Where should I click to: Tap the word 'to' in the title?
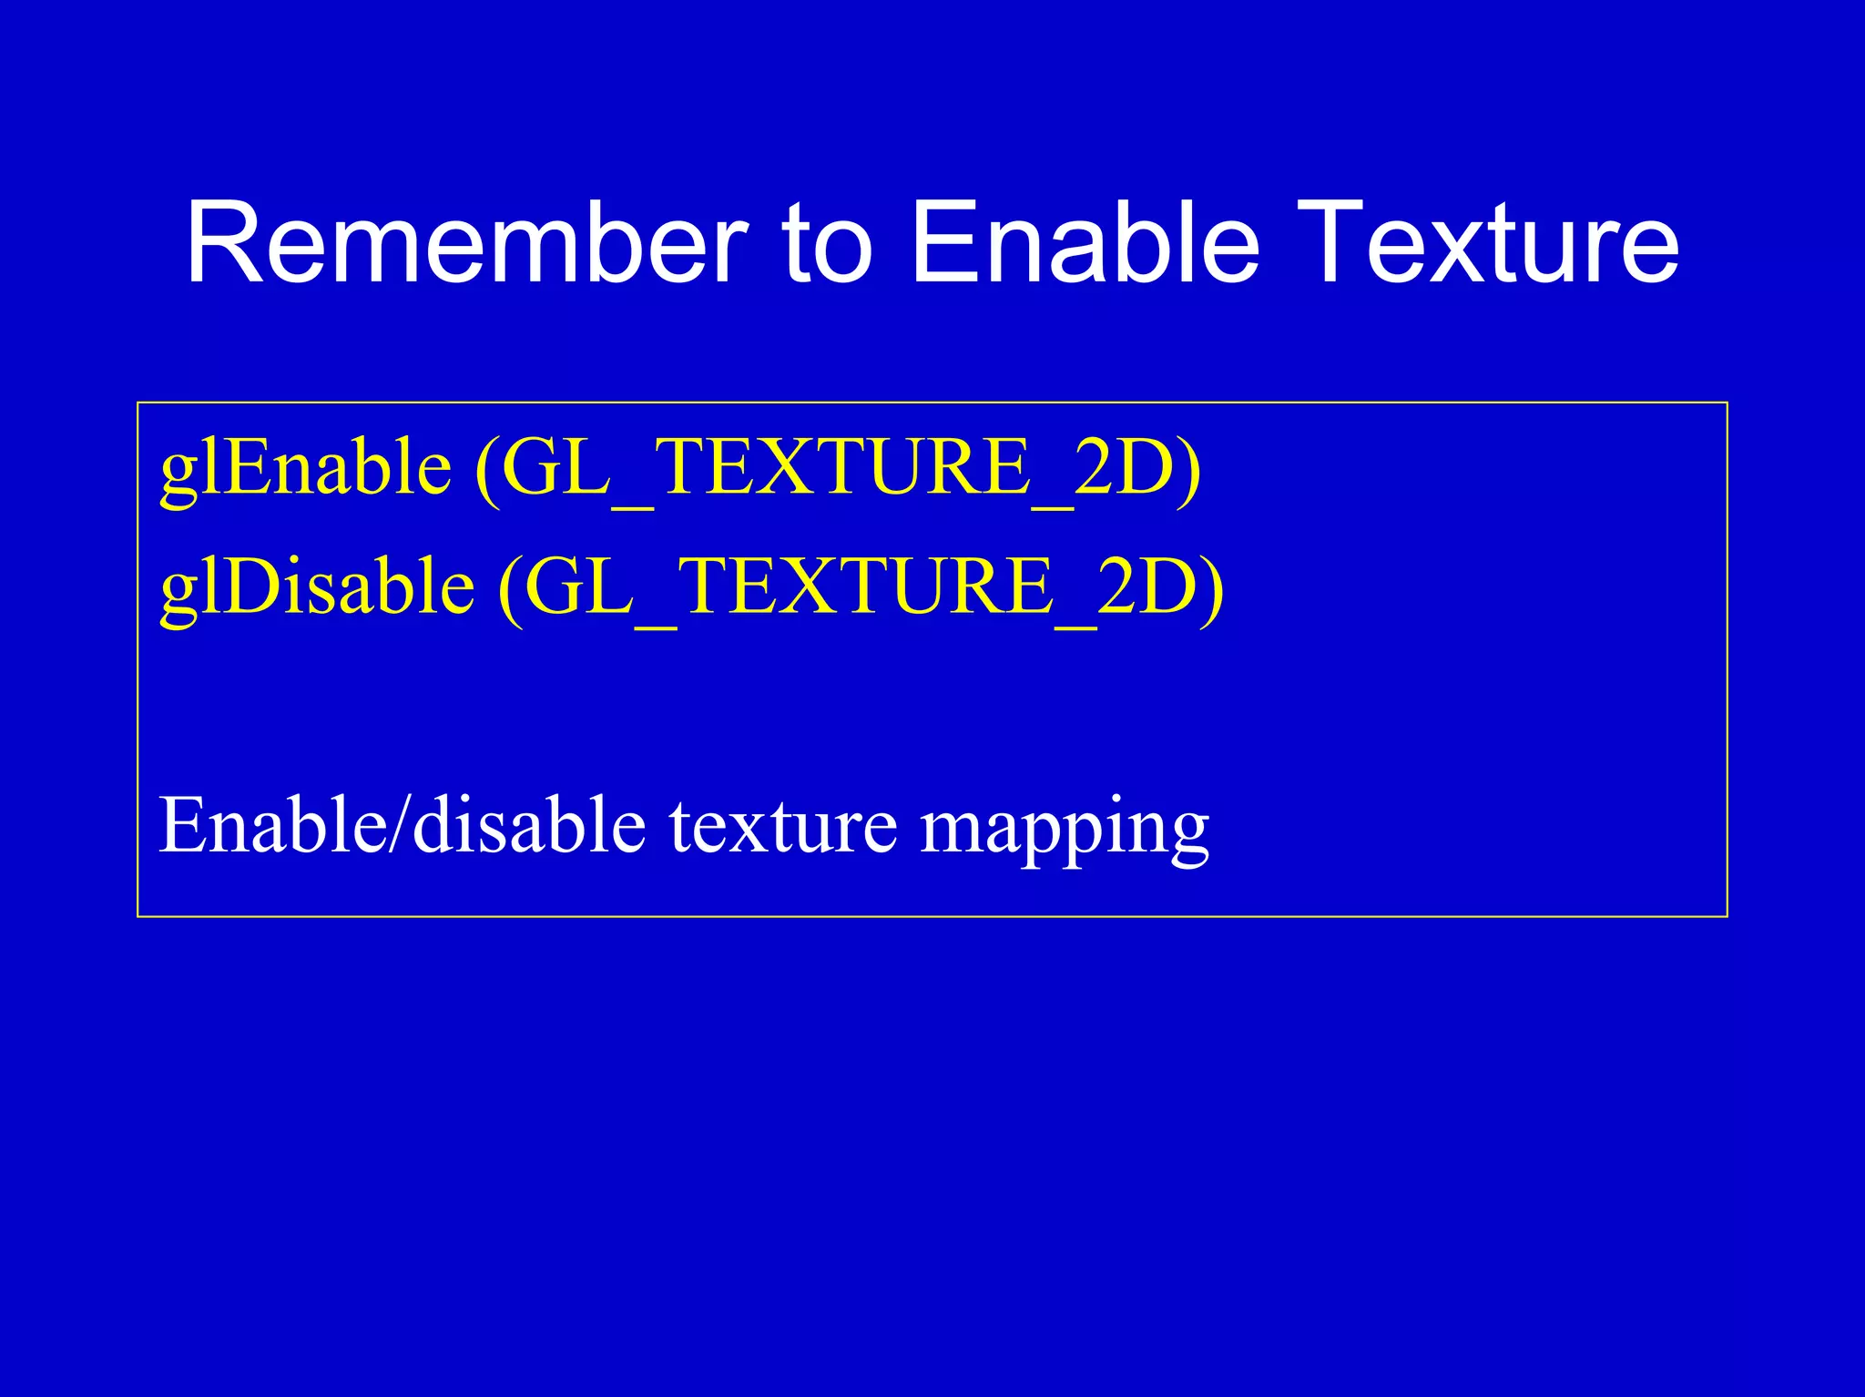(x=827, y=244)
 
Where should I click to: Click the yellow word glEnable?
(x=306, y=468)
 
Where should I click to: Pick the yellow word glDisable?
(x=317, y=587)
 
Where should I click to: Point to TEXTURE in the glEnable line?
(x=843, y=468)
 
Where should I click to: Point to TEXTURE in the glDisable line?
(x=866, y=587)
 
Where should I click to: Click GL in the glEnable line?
(x=555, y=468)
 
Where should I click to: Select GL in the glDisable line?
(x=578, y=587)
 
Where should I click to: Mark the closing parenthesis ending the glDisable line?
(x=1212, y=589)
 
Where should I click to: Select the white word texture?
(x=783, y=827)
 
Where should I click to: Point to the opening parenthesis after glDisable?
(x=511, y=589)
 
